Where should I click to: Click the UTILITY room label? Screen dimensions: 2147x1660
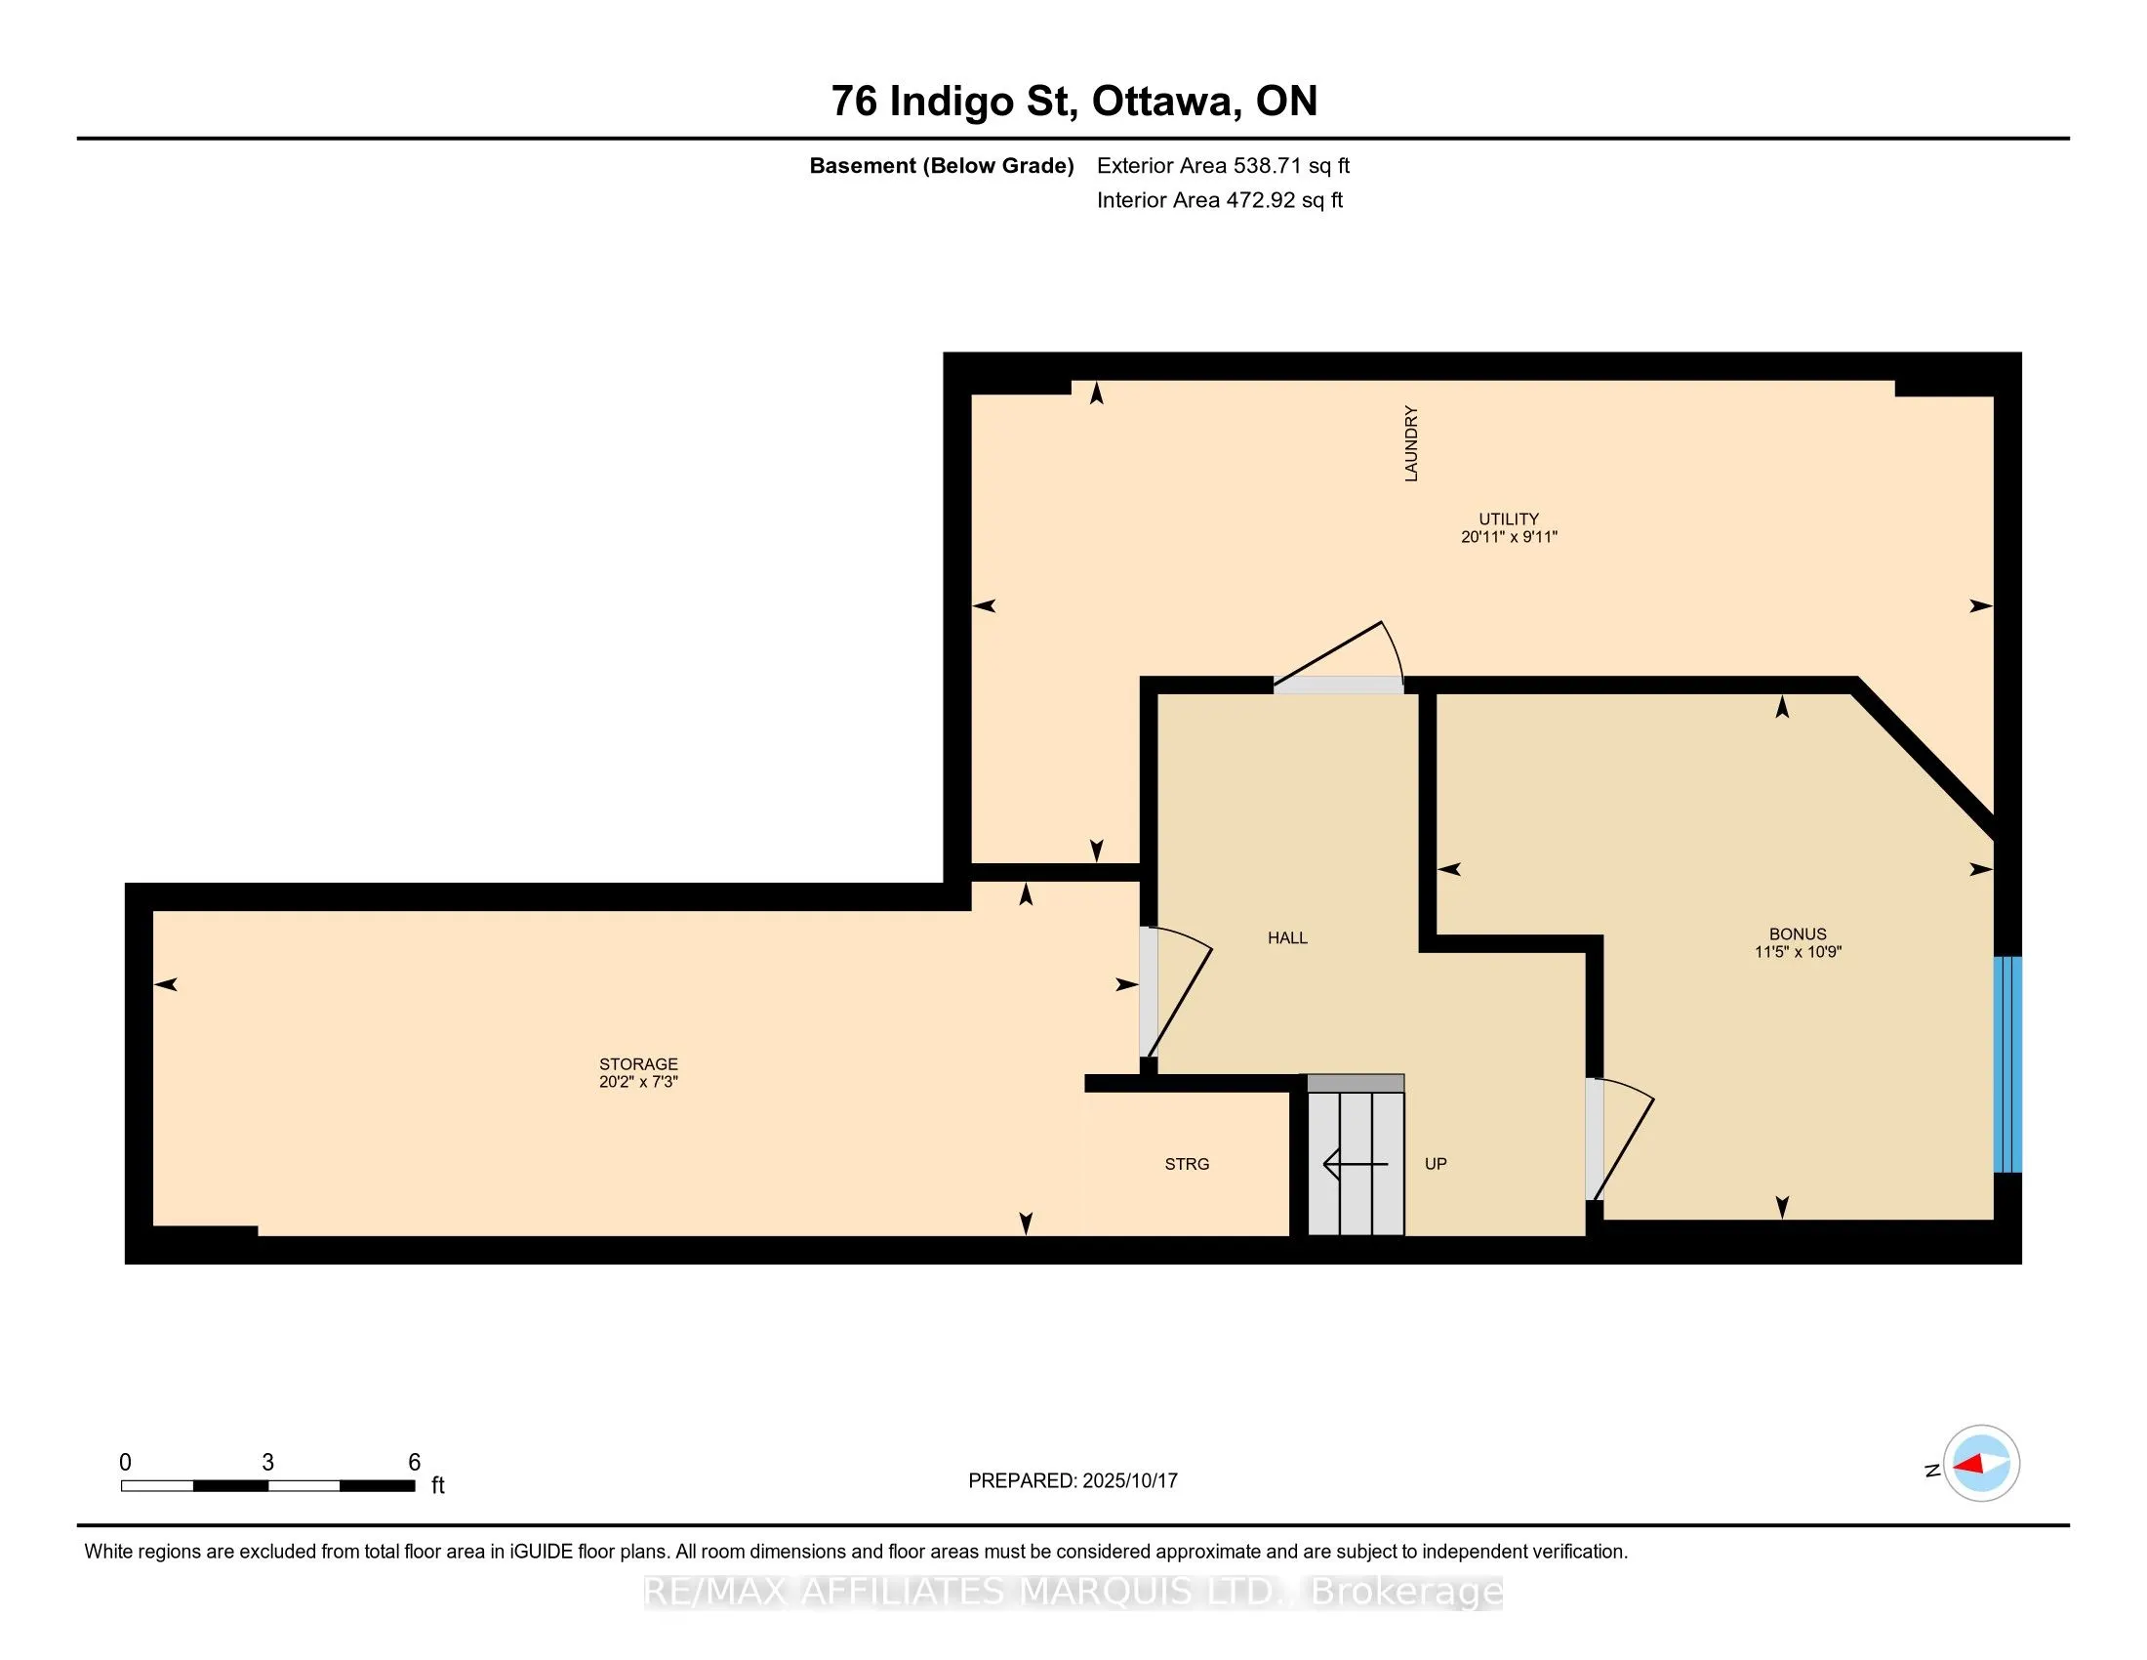(x=1509, y=519)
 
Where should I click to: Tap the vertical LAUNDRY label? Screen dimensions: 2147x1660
(x=1412, y=443)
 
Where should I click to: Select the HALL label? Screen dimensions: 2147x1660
(x=1288, y=938)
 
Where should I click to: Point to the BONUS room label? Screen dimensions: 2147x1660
(x=1798, y=934)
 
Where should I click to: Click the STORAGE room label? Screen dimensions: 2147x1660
(x=639, y=1064)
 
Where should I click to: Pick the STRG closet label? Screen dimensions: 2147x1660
(x=1188, y=1164)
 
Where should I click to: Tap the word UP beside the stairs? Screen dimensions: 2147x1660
(x=1437, y=1164)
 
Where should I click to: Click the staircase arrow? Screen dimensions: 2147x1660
(x=1356, y=1164)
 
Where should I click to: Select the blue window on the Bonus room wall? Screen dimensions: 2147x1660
(x=2007, y=1064)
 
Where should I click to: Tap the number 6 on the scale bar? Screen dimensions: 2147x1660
(x=415, y=1463)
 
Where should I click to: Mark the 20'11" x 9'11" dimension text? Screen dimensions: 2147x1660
(x=1509, y=537)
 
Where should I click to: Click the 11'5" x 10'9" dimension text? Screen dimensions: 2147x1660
(x=1798, y=952)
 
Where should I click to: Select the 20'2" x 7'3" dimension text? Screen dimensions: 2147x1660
(x=639, y=1082)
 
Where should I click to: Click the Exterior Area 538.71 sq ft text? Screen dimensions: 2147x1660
(x=1224, y=166)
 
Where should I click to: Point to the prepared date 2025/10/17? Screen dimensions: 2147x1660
(x=1129, y=1481)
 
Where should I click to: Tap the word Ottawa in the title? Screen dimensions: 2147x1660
(x=1163, y=102)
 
